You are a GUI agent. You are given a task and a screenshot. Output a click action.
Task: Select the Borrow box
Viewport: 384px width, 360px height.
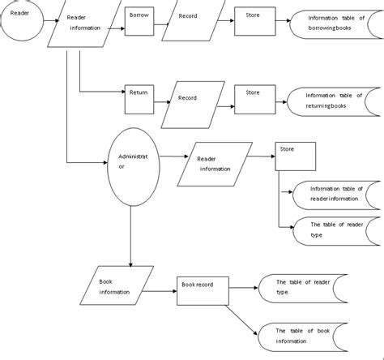click(140, 21)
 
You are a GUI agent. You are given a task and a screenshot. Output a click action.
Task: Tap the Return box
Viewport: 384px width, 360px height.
click(140, 98)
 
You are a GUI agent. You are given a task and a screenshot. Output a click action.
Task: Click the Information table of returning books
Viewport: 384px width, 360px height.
click(334, 102)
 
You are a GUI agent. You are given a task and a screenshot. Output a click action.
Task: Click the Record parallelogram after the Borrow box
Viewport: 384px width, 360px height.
click(193, 20)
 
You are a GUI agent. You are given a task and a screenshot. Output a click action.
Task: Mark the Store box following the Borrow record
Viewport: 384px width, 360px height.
click(254, 19)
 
